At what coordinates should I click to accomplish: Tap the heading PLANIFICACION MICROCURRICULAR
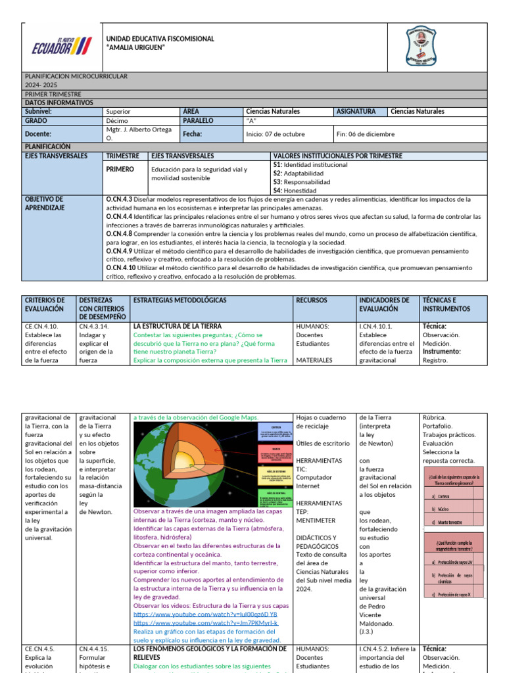click(76, 76)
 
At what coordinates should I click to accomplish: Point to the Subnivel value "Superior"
click(118, 112)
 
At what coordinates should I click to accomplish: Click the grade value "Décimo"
click(117, 121)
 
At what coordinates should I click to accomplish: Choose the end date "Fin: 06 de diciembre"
click(365, 134)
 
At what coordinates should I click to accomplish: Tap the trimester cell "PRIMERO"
click(121, 169)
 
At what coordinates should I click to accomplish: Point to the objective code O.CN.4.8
click(119, 233)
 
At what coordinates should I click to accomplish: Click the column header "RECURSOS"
click(311, 300)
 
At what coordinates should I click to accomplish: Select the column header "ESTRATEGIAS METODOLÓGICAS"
click(180, 300)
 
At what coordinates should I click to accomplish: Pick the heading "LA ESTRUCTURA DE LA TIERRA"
click(178, 326)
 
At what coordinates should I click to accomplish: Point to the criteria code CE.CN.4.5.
click(39, 649)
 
